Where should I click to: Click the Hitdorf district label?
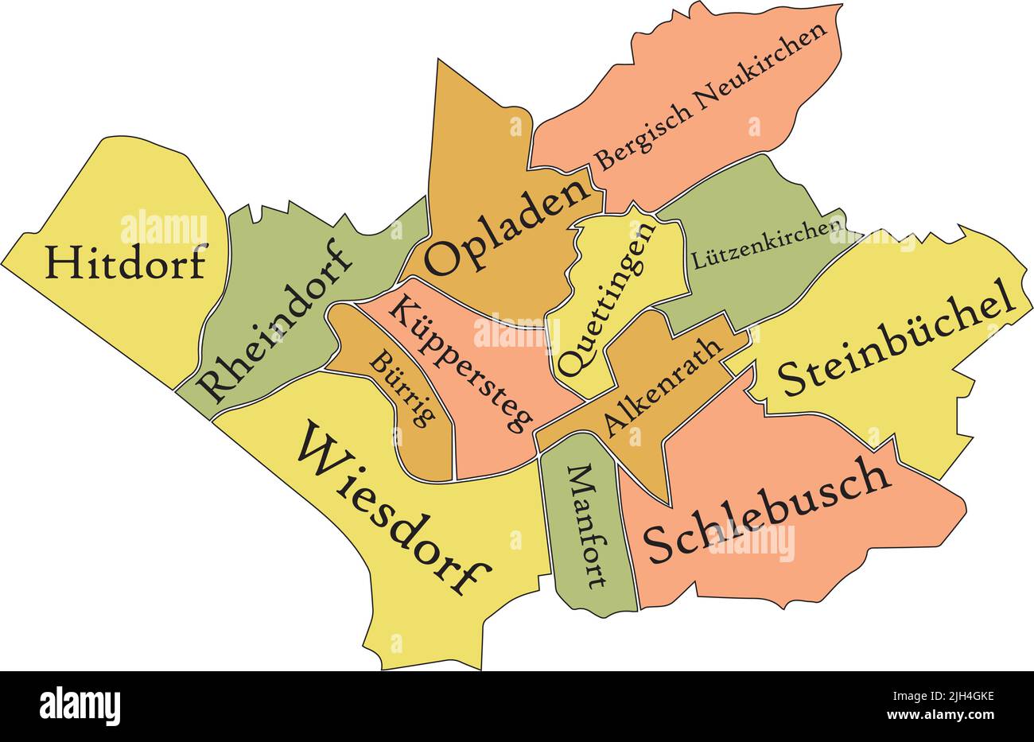coord(126,262)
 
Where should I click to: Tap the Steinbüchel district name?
coord(896,339)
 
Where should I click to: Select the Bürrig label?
coord(402,390)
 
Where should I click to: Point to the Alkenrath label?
coord(663,387)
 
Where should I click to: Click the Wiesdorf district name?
coord(395,509)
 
